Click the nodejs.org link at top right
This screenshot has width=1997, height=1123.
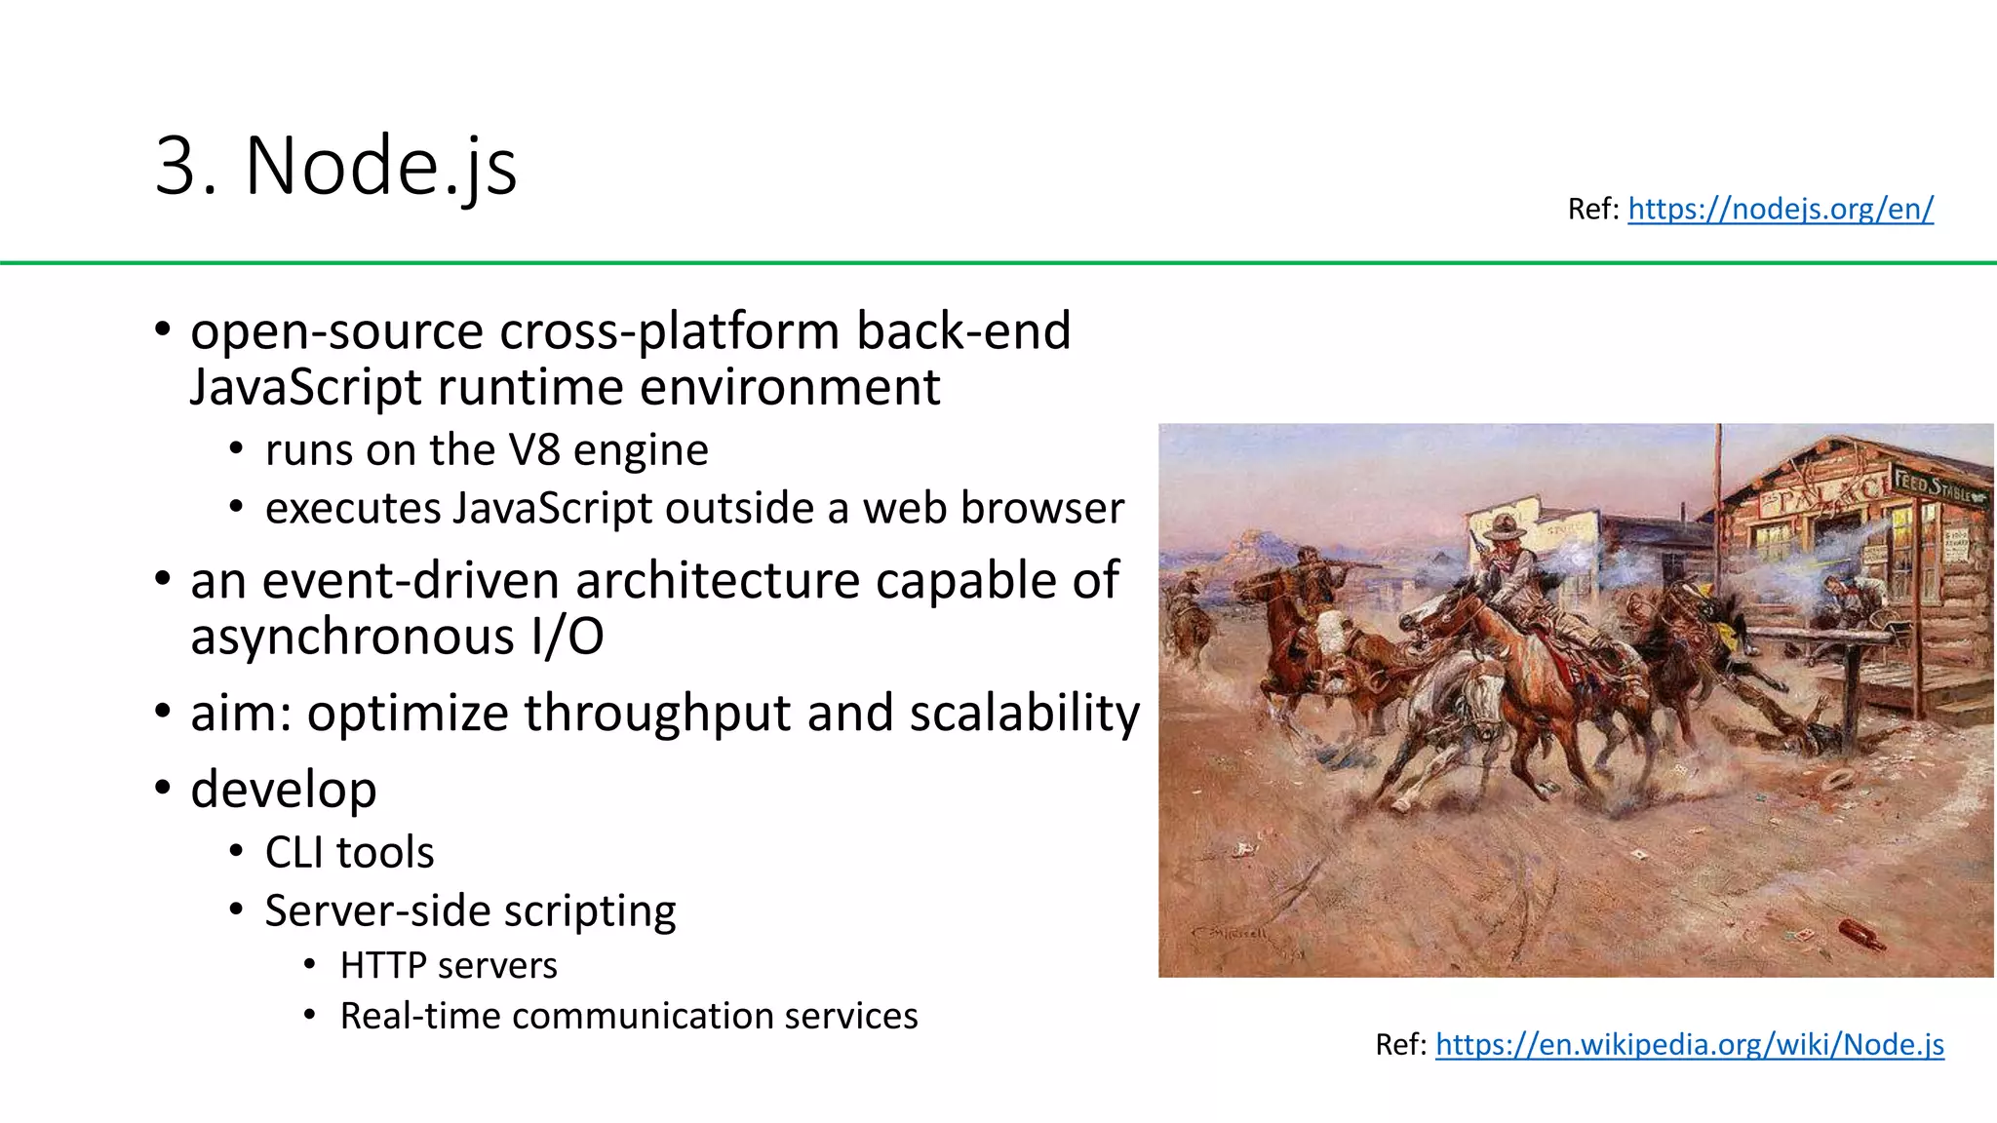(x=1781, y=209)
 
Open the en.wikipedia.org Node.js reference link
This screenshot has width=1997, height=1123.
(x=1690, y=1044)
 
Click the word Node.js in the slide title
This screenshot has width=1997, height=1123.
(x=381, y=166)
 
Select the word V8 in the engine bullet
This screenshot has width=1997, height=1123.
(x=534, y=450)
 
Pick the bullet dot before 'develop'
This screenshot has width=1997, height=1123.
(x=163, y=787)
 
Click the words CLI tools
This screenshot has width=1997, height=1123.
(x=349, y=852)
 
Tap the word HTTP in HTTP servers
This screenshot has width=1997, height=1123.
(x=383, y=965)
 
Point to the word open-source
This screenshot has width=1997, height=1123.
(x=336, y=331)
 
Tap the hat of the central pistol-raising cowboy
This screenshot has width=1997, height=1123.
(x=1504, y=527)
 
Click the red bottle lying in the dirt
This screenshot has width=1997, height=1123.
(x=1861, y=933)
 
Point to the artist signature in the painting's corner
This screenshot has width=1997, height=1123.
(x=1231, y=934)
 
